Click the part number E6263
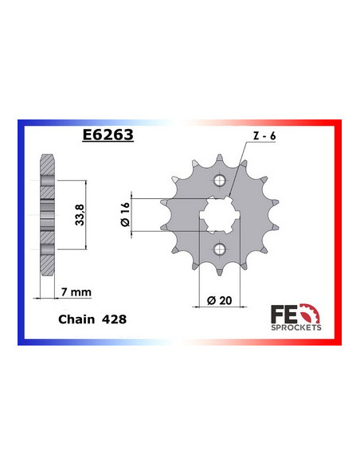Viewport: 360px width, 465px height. point(108,135)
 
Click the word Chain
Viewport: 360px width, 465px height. point(76,317)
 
